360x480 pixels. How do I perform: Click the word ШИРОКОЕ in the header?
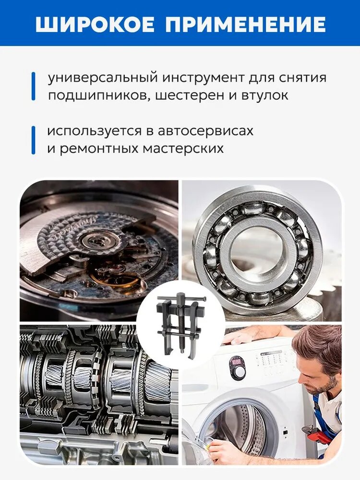point(95,24)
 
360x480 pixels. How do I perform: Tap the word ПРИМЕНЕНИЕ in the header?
point(245,24)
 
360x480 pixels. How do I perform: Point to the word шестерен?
point(190,96)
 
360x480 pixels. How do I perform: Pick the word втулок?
point(265,96)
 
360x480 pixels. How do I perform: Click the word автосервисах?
point(206,131)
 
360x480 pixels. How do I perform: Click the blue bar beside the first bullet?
point(34,86)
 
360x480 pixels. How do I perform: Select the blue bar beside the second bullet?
point(34,140)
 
